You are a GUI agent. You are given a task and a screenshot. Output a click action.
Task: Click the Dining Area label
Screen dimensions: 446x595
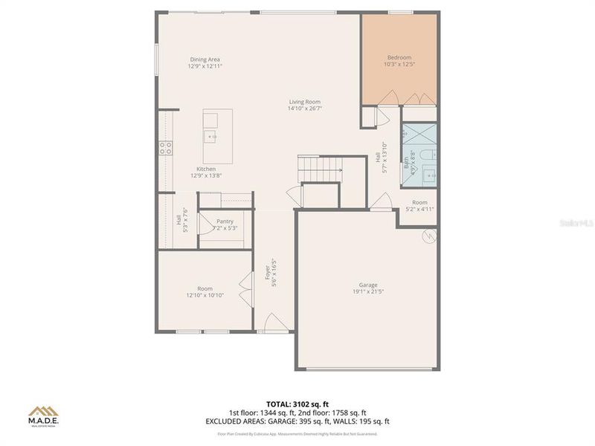pos(205,59)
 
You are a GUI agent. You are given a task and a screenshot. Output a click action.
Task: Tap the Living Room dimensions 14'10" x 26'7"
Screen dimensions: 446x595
pos(304,109)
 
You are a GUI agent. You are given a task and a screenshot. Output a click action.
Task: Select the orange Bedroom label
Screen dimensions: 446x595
pos(399,57)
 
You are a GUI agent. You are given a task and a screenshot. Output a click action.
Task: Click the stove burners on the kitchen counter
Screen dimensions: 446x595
pos(165,148)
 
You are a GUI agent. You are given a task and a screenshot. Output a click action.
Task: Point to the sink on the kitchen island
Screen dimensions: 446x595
pos(212,136)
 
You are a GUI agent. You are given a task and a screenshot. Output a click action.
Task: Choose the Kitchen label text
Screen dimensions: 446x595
pos(205,169)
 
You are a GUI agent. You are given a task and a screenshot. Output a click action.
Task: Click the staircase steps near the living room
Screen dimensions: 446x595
pos(318,169)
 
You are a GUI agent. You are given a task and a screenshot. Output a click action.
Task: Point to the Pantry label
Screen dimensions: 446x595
pos(225,222)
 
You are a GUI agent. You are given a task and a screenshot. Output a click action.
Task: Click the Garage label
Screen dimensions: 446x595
pos(368,285)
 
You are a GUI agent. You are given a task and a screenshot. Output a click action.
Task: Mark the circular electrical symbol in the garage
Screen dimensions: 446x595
pos(428,236)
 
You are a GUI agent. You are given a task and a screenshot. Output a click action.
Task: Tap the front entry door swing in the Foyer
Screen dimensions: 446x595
pos(273,323)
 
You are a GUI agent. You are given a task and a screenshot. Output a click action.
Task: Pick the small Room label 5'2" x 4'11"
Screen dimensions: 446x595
pos(419,206)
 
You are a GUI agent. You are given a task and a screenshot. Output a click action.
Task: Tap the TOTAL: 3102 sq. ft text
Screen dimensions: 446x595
pos(297,404)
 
